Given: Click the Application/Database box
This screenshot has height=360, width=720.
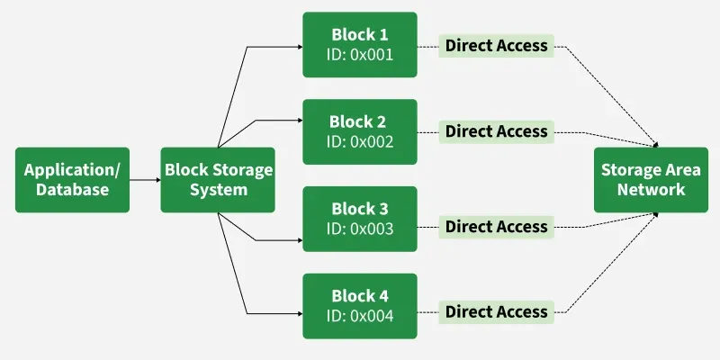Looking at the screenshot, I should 72,180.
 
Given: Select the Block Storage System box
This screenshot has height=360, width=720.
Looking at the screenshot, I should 217,180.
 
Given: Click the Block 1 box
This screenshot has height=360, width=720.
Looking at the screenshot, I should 360,44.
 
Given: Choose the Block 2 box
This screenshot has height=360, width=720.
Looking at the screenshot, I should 360,131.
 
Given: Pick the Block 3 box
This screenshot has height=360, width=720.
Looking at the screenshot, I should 360,219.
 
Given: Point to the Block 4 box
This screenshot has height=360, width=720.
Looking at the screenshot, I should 360,306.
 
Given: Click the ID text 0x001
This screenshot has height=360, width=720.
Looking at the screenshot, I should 360,54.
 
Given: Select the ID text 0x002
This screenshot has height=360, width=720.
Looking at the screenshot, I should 360,141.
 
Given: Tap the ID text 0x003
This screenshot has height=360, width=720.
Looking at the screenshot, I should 360,229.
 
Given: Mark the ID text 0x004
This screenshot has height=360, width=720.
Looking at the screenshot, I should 360,316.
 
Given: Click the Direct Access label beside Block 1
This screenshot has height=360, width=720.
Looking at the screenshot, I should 496,46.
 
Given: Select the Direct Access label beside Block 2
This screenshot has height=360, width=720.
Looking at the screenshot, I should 496,131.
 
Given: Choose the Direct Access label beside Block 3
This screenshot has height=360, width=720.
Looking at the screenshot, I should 496,227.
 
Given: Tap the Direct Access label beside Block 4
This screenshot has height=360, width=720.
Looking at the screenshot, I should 496,312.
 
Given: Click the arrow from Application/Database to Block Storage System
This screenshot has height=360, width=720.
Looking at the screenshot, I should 144,180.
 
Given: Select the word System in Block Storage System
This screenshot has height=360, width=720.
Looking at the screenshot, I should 217,190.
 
